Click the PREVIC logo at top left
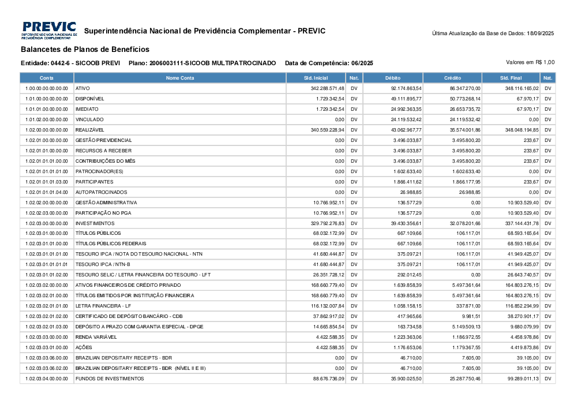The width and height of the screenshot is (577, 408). coord(49,31)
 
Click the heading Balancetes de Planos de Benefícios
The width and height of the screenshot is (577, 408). coord(85,50)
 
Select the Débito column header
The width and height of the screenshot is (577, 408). coord(393,78)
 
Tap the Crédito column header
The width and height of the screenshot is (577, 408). coord(452,78)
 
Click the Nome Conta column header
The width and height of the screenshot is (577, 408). coord(180,78)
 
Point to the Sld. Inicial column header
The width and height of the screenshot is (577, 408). coord(316,78)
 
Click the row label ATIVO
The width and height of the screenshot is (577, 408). coord(83,88)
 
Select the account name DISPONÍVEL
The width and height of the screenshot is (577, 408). coord(89,99)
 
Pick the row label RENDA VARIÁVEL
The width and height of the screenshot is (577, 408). coord(96,337)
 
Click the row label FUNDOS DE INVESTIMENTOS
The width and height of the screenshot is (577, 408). coord(110,379)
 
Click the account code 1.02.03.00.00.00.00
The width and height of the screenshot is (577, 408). coord(47,223)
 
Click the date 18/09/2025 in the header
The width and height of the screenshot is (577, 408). coord(540,33)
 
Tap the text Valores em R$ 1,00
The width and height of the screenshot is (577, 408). coord(530,62)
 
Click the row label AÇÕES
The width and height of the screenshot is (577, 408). coord(84,347)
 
